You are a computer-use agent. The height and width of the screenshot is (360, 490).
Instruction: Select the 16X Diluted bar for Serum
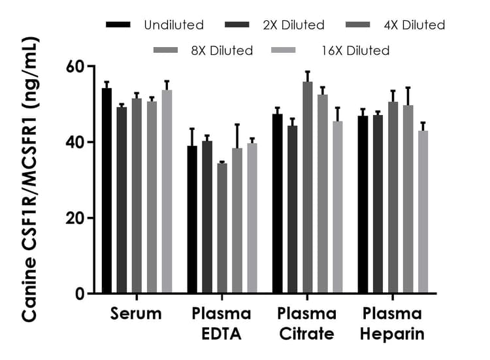click(x=167, y=192)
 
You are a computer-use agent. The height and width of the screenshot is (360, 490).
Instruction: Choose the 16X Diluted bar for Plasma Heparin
click(x=423, y=212)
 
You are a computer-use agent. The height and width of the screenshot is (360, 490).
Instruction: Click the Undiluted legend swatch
click(x=118, y=25)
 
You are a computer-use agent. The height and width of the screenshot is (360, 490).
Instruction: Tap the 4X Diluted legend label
click(x=415, y=25)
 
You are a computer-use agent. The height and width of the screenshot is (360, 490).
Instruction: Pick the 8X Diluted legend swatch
click(x=167, y=50)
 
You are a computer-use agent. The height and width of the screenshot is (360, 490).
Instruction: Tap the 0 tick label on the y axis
click(x=80, y=294)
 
